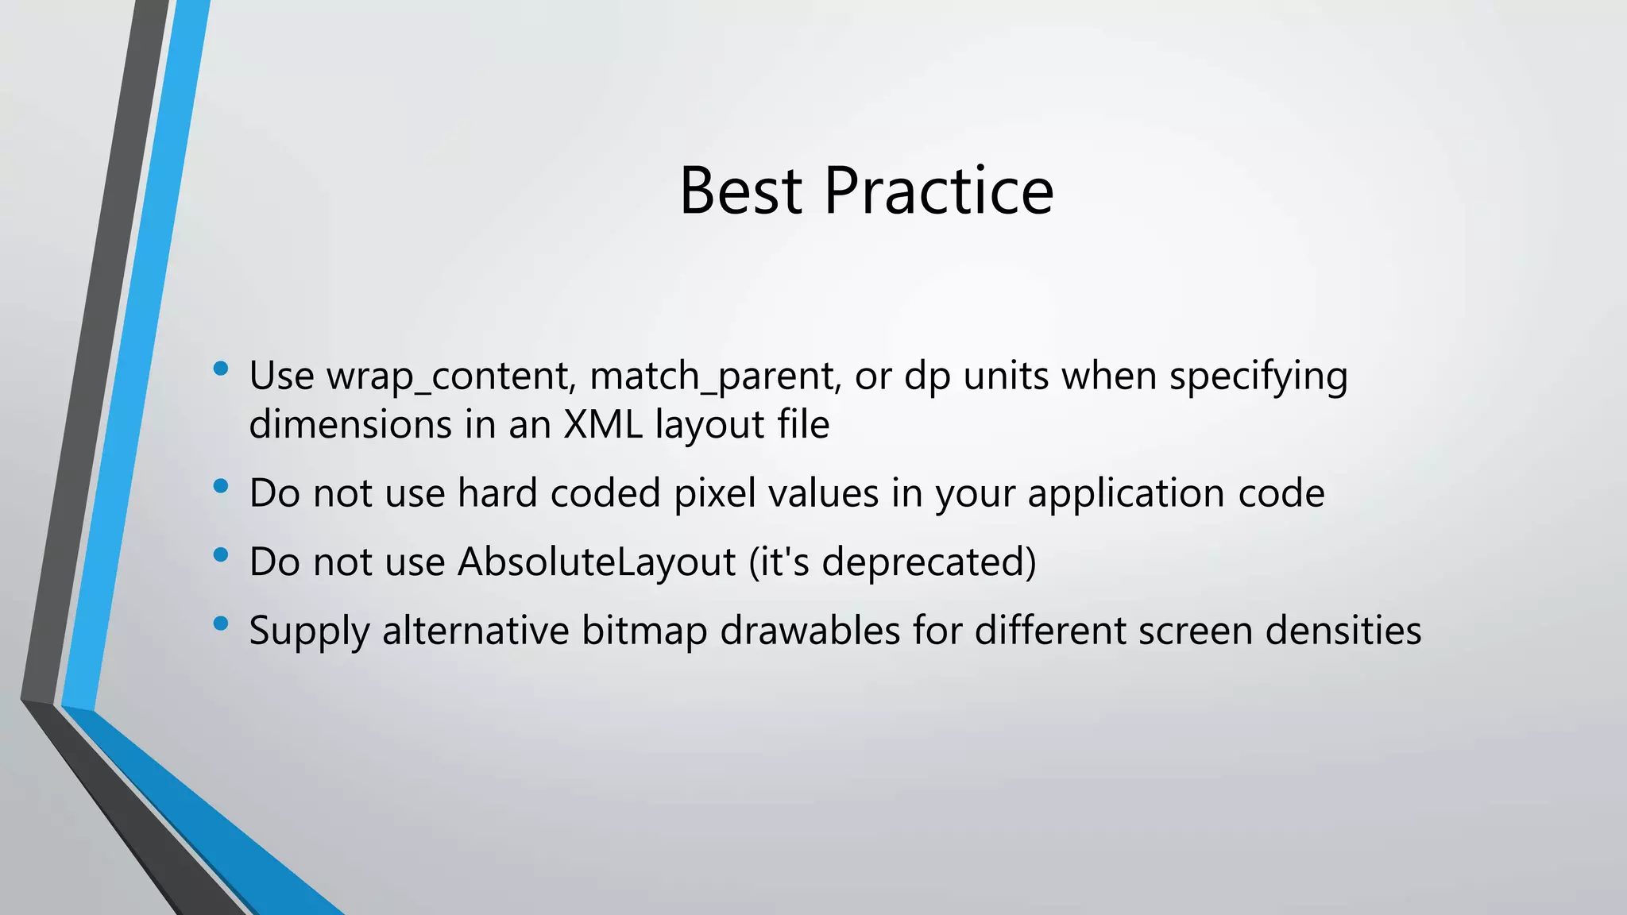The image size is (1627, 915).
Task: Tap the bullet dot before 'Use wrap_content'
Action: (221, 369)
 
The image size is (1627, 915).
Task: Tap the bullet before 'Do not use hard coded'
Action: (221, 485)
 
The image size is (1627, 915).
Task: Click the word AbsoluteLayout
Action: (597, 562)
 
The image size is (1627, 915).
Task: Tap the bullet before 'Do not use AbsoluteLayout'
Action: (221, 554)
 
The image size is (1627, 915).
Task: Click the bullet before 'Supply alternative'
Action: (221, 624)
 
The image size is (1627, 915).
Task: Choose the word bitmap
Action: (644, 631)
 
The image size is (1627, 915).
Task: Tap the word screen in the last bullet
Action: (1195, 631)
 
